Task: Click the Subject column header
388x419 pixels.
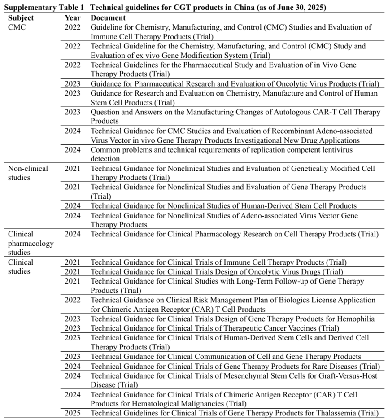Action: point(21,18)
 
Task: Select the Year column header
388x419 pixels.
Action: point(73,18)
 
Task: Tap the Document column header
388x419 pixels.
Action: point(108,18)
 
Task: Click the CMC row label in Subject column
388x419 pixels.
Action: point(17,27)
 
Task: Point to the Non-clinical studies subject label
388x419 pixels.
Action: point(28,173)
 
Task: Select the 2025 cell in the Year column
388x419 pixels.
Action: point(73,413)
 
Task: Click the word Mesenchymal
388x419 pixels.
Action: point(237,375)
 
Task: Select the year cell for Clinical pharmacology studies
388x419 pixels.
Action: point(73,234)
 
